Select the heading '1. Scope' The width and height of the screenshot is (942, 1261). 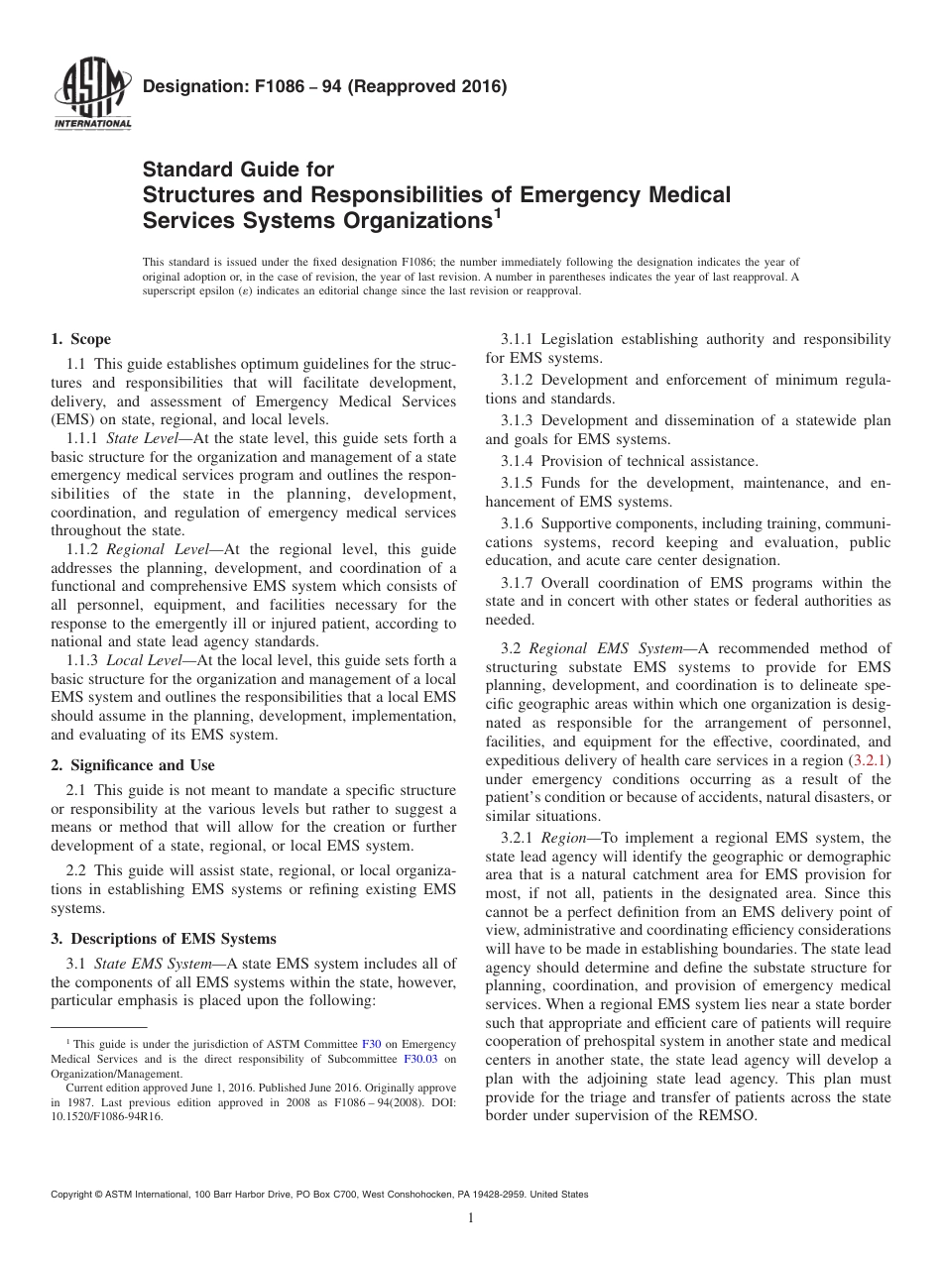[80, 339]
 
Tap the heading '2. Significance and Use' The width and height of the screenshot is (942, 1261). [132, 765]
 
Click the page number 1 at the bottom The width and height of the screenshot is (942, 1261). [471, 1219]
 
